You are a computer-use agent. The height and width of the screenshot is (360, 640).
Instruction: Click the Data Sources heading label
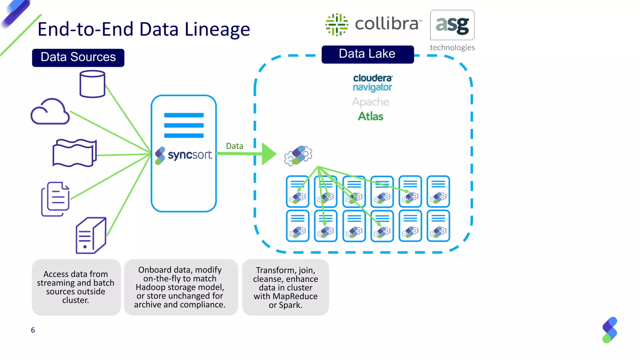click(x=78, y=57)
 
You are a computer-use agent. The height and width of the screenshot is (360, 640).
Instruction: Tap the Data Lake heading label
click(x=367, y=54)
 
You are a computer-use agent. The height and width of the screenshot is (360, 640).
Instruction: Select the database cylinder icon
click(x=92, y=84)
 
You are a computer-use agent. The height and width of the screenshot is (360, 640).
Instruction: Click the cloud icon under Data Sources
click(x=50, y=112)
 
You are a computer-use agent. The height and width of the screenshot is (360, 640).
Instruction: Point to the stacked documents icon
click(x=56, y=199)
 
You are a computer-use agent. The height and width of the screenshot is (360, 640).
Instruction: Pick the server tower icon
click(x=91, y=235)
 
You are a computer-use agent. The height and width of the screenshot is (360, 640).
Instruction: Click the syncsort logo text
click(x=190, y=155)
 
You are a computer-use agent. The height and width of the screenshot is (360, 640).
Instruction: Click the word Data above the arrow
click(x=234, y=146)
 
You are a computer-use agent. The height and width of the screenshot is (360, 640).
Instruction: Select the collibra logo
click(x=373, y=24)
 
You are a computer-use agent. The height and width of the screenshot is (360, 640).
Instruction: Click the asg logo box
click(x=452, y=25)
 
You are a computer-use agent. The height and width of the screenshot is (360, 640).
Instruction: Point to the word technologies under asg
click(x=452, y=47)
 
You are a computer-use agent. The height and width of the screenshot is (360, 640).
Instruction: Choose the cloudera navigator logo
click(x=372, y=83)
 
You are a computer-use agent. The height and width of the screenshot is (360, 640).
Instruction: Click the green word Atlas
click(x=370, y=116)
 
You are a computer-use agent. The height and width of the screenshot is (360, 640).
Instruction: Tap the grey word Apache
click(x=370, y=102)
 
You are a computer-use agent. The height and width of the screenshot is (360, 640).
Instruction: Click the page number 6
click(x=33, y=330)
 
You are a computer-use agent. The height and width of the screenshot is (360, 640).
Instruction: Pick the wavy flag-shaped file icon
click(x=74, y=153)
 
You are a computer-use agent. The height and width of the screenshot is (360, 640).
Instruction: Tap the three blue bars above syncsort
click(x=184, y=125)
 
